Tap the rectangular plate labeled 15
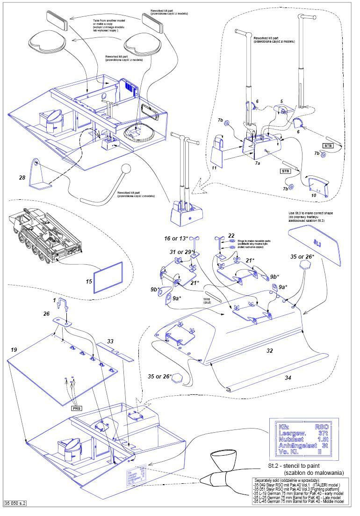108,276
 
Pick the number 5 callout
281,101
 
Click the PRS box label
77,408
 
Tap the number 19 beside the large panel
14,350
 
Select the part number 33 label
110,342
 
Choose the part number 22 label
231,235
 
